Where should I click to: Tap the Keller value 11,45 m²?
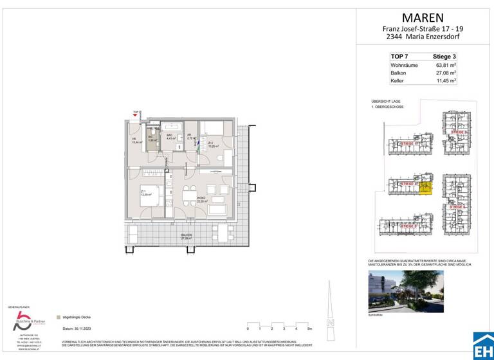[446, 81]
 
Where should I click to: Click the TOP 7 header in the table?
[399, 57]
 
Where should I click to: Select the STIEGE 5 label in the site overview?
[407, 226]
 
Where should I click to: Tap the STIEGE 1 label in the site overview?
[407, 143]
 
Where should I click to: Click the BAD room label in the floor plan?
[170, 136]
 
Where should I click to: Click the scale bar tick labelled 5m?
[309, 328]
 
